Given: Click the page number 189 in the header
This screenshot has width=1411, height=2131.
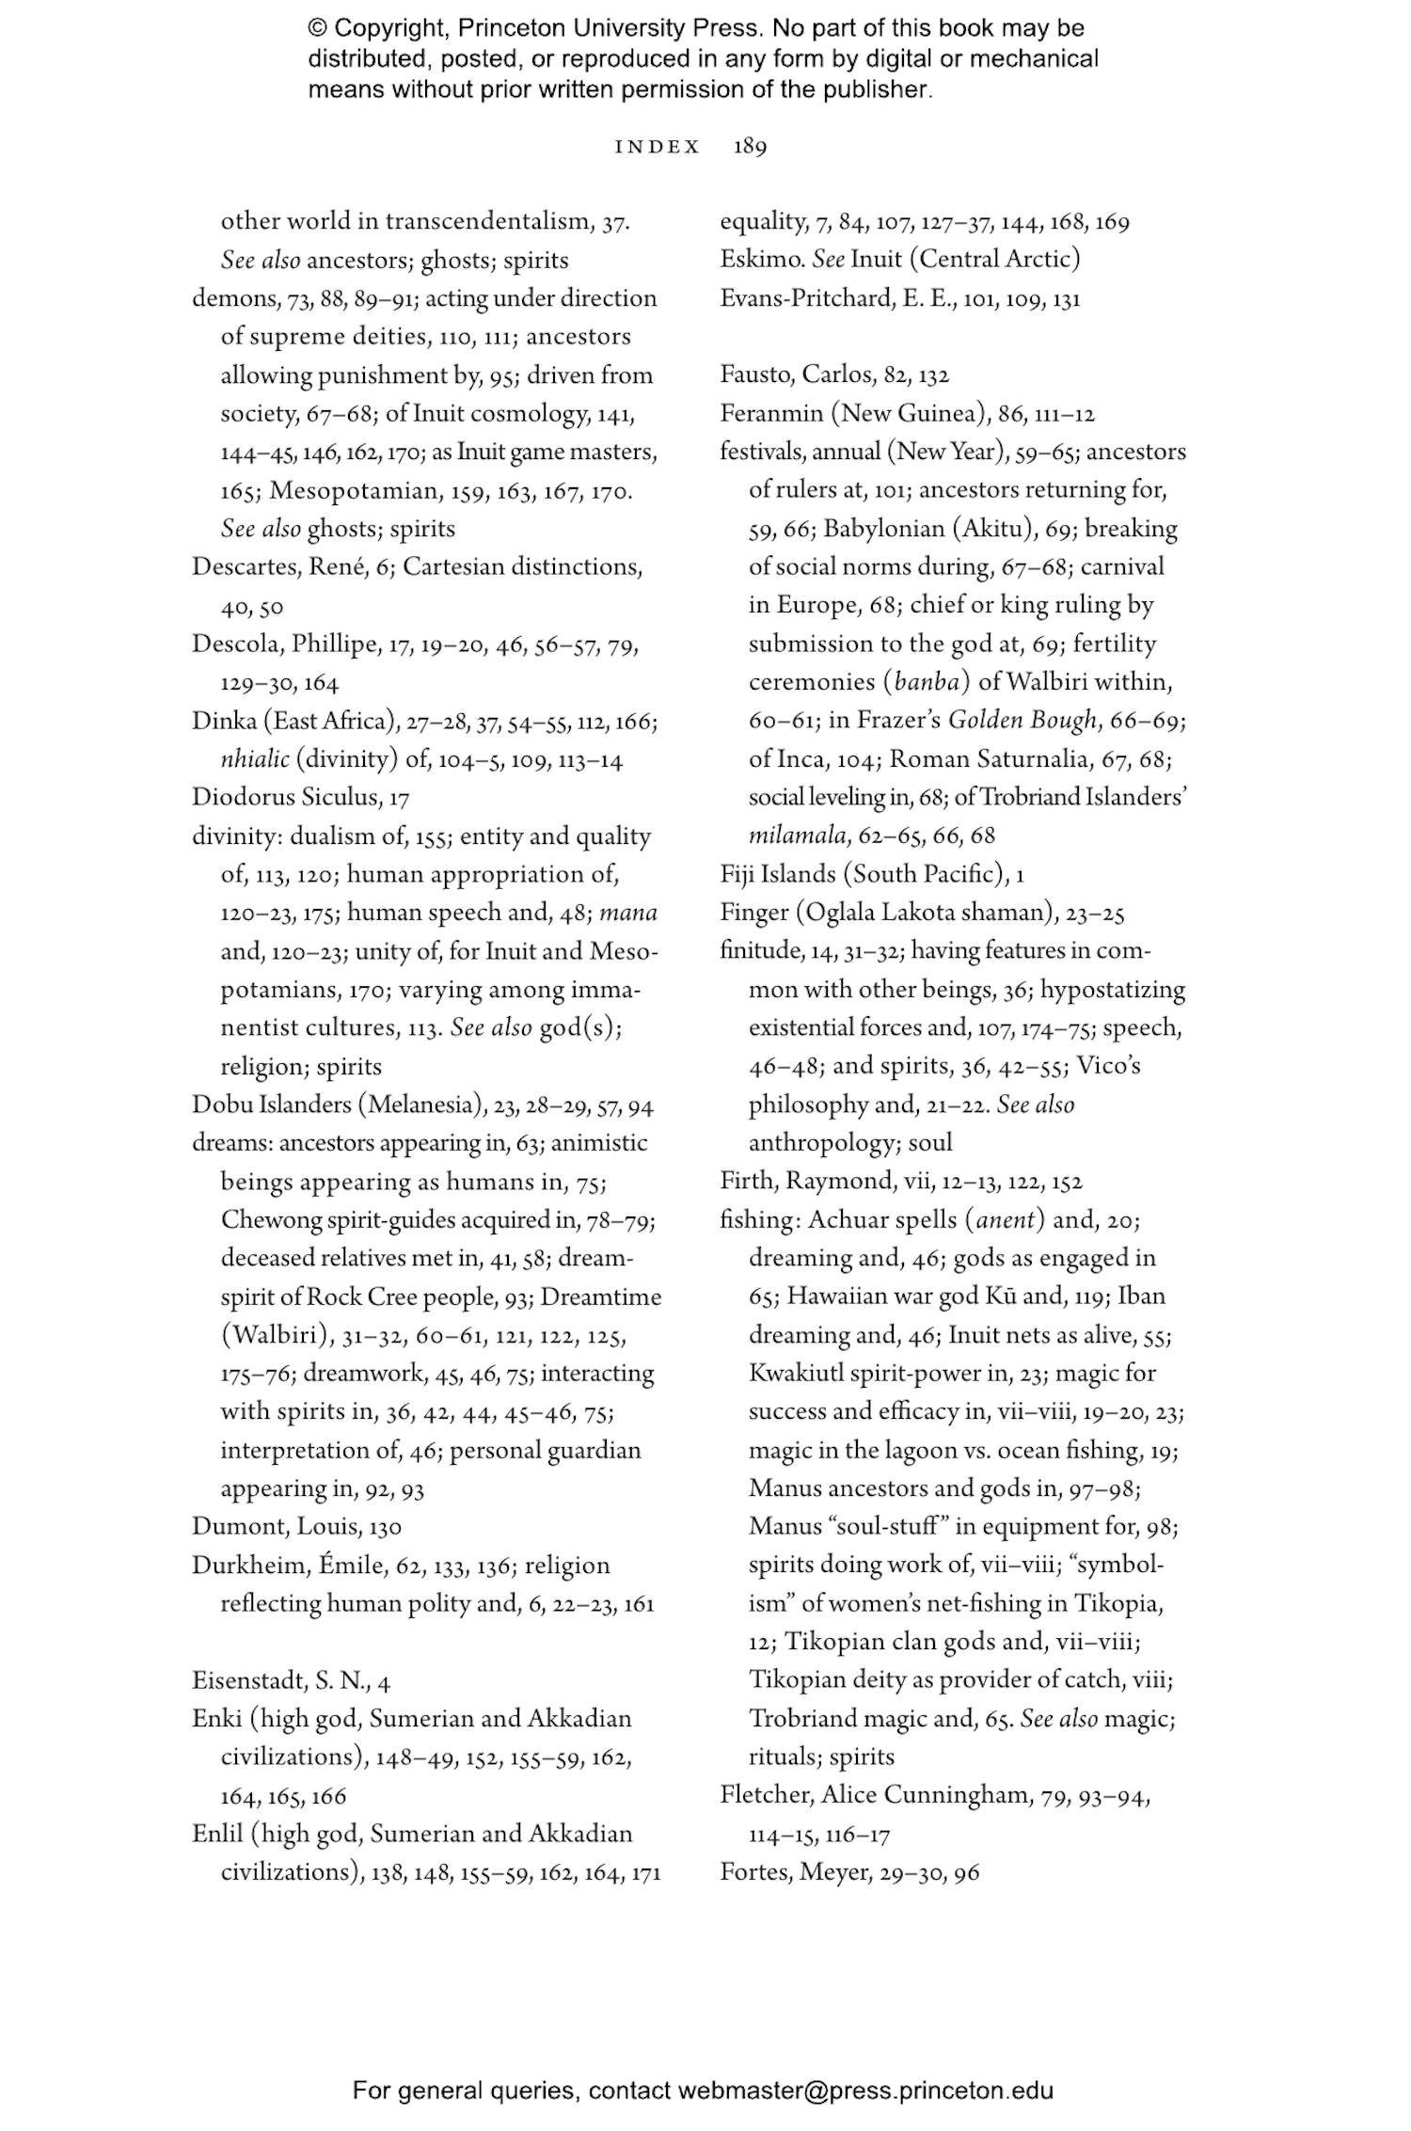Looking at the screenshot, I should pyautogui.click(x=750, y=148).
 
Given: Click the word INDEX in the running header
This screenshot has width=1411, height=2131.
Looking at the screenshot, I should pyautogui.click(x=658, y=148).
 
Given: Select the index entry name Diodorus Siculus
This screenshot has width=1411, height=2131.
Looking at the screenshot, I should pyautogui.click(x=286, y=798).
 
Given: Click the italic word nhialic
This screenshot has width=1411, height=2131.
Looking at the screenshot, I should pyautogui.click(x=254, y=760).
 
